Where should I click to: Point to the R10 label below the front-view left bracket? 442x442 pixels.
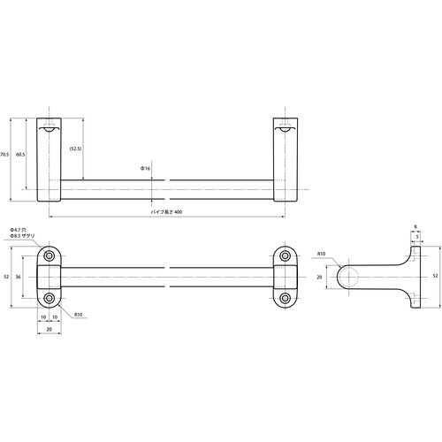pyautogui.click(x=78, y=314)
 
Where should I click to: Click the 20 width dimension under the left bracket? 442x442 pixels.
pyautogui.click(x=50, y=327)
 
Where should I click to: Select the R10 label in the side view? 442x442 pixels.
pyautogui.click(x=322, y=256)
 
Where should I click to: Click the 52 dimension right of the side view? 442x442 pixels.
pyautogui.click(x=434, y=276)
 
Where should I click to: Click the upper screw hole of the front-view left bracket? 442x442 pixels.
pyautogui.click(x=50, y=256)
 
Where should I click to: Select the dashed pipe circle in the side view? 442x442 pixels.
pyautogui.click(x=351, y=277)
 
